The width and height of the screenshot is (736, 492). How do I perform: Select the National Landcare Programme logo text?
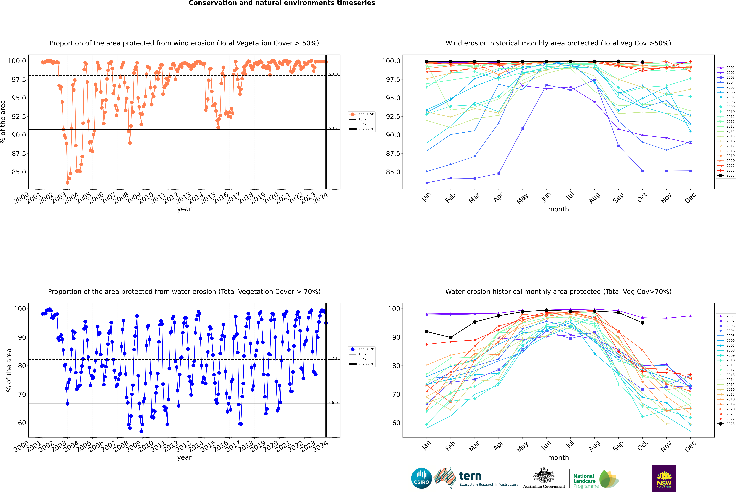tap(584, 481)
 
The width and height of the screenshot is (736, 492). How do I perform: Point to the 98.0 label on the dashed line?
tap(333, 74)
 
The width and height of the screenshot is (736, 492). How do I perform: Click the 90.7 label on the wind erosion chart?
tap(333, 128)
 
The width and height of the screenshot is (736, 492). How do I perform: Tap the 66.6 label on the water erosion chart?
tap(333, 403)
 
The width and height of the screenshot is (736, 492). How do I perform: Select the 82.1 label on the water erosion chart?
tap(333, 358)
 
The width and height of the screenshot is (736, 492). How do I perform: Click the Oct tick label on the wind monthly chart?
tap(642, 198)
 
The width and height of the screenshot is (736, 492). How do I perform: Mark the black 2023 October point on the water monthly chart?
tap(642, 323)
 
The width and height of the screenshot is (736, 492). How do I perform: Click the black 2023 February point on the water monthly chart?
tap(450, 338)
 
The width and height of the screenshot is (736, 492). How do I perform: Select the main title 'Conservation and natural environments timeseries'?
tap(282, 3)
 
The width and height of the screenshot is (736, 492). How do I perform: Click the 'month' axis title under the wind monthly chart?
tap(558, 209)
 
